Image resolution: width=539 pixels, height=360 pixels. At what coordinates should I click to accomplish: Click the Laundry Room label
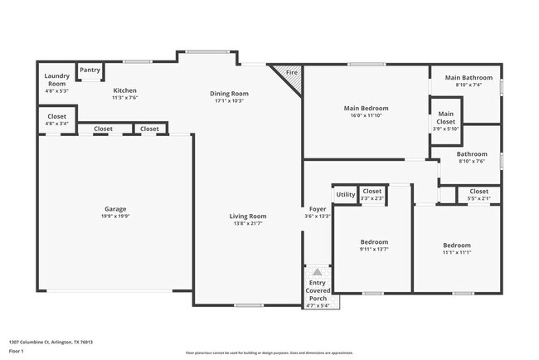click(56, 80)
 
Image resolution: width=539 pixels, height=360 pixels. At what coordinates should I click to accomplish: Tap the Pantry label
click(90, 71)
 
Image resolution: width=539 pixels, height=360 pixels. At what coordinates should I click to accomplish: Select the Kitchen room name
click(124, 90)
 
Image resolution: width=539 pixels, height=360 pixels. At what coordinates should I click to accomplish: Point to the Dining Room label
click(229, 94)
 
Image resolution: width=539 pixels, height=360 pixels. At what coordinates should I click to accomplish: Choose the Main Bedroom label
click(366, 108)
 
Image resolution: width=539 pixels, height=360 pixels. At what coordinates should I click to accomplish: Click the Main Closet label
click(446, 114)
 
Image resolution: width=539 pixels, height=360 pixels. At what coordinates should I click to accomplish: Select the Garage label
click(115, 209)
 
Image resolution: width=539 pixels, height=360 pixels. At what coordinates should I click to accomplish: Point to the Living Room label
click(248, 216)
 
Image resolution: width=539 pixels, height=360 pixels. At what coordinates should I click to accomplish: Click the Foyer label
click(318, 209)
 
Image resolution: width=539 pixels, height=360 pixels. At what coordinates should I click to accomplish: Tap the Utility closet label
click(345, 195)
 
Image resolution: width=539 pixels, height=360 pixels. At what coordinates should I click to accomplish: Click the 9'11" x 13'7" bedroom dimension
click(374, 249)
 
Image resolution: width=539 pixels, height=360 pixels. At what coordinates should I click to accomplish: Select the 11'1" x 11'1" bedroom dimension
click(456, 251)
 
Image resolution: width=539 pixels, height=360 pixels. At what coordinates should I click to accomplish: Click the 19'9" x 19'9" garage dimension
click(115, 216)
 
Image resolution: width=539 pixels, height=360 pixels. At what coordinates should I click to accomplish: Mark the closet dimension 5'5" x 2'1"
click(478, 198)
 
